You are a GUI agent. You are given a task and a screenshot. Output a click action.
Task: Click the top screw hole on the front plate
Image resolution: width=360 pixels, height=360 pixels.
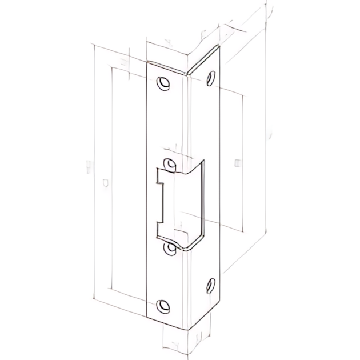[x=165, y=83]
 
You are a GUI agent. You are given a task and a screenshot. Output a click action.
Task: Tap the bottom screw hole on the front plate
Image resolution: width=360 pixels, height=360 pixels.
[x=165, y=306]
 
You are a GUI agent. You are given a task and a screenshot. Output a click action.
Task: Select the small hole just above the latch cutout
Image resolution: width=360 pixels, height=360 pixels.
[x=170, y=165]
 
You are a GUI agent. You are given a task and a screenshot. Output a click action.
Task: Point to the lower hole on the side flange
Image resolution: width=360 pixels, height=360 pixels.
[x=211, y=285]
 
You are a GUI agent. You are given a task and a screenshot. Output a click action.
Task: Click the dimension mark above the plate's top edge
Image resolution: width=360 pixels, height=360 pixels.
[x=168, y=41]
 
